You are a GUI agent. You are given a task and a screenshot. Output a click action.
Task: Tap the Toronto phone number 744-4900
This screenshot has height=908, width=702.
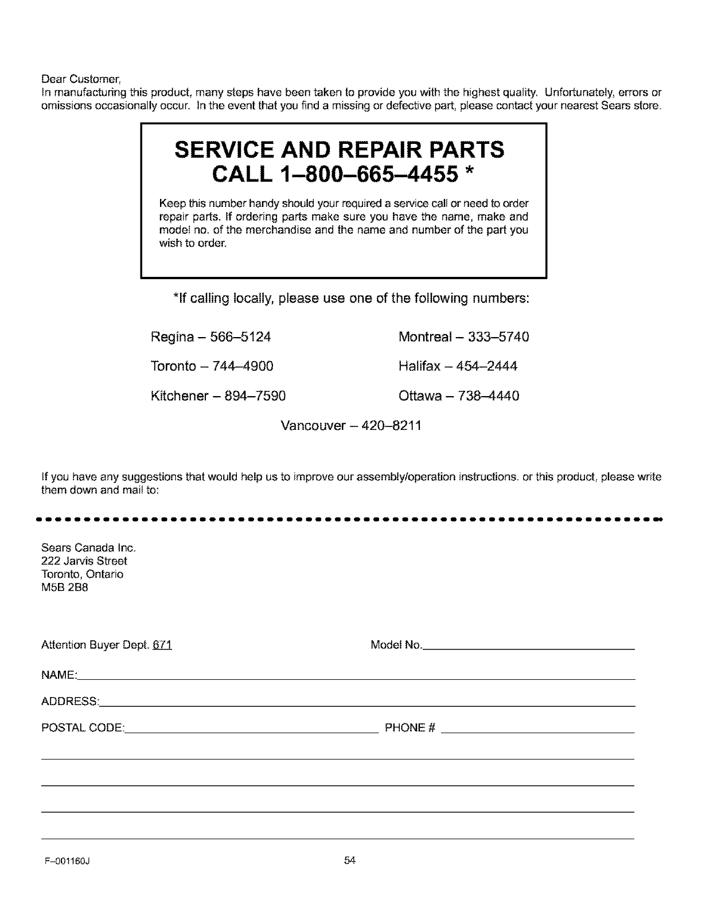[242, 366]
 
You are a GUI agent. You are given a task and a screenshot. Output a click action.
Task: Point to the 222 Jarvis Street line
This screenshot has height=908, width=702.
[84, 561]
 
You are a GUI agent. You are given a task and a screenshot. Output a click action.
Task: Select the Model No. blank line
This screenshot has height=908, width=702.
[528, 647]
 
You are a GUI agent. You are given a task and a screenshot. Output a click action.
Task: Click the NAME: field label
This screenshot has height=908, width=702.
[59, 676]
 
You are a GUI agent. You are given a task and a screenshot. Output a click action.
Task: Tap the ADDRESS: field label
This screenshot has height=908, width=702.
[71, 702]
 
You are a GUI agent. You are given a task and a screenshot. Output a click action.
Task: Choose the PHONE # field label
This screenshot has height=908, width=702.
[410, 729]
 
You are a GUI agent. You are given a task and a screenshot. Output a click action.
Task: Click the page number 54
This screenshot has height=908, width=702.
[350, 860]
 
